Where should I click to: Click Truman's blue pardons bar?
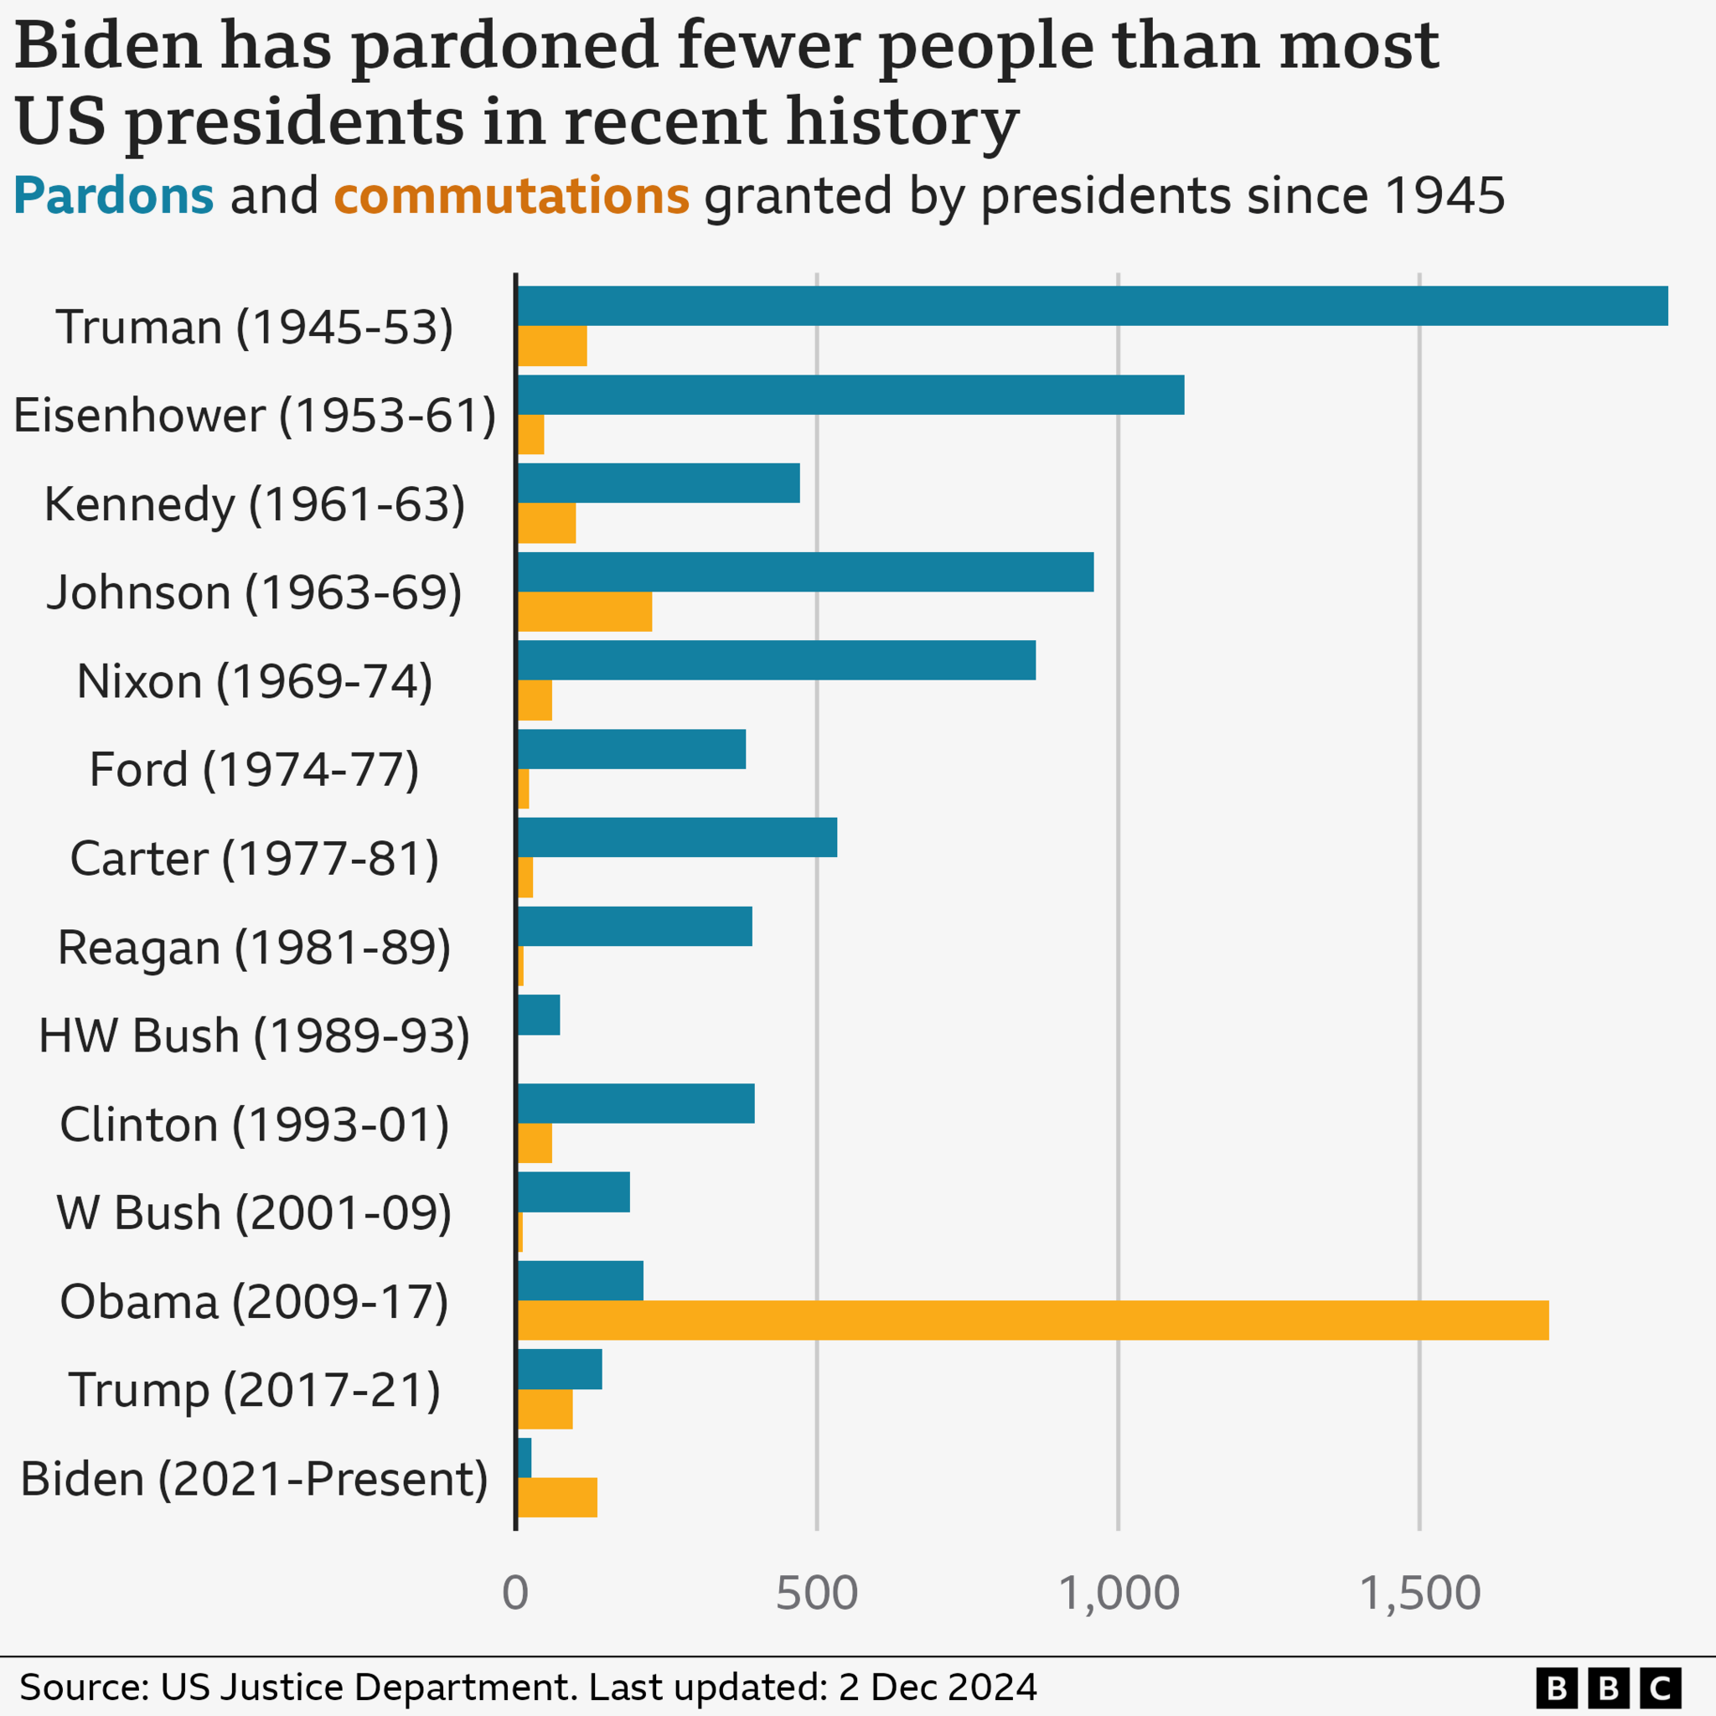pos(1093,306)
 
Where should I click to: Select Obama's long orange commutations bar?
pos(1033,1321)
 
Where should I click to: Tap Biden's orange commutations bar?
pos(557,1497)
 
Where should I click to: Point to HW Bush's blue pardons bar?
pos(538,1015)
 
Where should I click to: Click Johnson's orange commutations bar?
pos(585,612)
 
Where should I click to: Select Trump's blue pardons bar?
pos(560,1369)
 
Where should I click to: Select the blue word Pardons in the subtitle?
pos(114,195)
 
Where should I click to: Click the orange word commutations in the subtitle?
pos(512,195)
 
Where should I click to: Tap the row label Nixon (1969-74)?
pos(255,681)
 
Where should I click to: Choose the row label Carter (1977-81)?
pos(255,858)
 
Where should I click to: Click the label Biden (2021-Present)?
pos(255,1479)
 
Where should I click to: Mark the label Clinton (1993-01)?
pos(255,1124)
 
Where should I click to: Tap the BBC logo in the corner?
pos(1608,1687)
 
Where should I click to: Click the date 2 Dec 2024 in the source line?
pos(937,1687)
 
